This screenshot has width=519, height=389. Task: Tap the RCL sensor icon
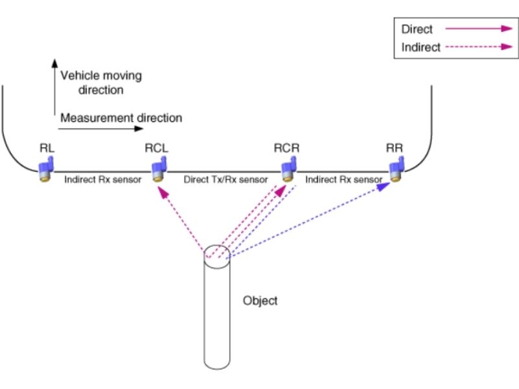click(x=157, y=171)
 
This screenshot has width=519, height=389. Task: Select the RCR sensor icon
click(x=287, y=171)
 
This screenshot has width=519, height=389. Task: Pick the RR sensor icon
click(x=396, y=171)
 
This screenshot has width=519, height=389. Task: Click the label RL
click(x=47, y=148)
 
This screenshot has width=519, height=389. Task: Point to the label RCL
click(x=156, y=148)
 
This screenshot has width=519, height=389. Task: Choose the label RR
click(x=394, y=148)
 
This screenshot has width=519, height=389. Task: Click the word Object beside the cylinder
click(x=260, y=301)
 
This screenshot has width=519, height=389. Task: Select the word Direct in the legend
click(x=417, y=29)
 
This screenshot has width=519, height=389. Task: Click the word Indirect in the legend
click(x=421, y=47)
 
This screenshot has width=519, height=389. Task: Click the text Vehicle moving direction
click(x=101, y=82)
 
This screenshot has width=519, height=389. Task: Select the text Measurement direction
click(x=121, y=118)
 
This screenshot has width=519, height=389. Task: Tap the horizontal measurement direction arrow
click(x=97, y=129)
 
